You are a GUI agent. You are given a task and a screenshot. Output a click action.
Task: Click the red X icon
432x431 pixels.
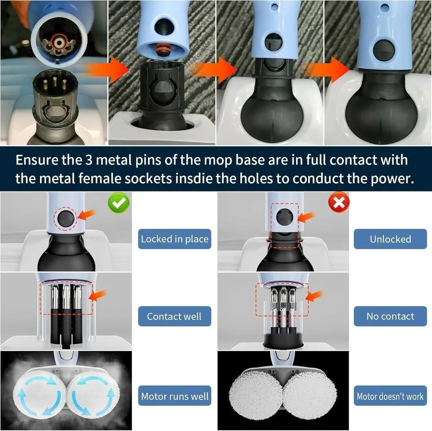339,203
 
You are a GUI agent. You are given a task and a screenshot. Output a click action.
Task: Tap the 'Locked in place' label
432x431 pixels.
175,239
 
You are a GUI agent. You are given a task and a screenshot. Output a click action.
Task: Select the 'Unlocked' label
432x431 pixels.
390,239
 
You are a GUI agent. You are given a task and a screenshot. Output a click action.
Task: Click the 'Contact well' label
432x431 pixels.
175,316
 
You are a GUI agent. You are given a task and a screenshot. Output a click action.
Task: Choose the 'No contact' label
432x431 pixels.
390,316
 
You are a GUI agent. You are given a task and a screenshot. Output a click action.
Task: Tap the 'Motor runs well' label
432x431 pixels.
175,396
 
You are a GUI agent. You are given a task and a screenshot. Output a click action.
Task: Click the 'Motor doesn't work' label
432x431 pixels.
390,396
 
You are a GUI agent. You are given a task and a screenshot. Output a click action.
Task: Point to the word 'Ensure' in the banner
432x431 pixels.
40,160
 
